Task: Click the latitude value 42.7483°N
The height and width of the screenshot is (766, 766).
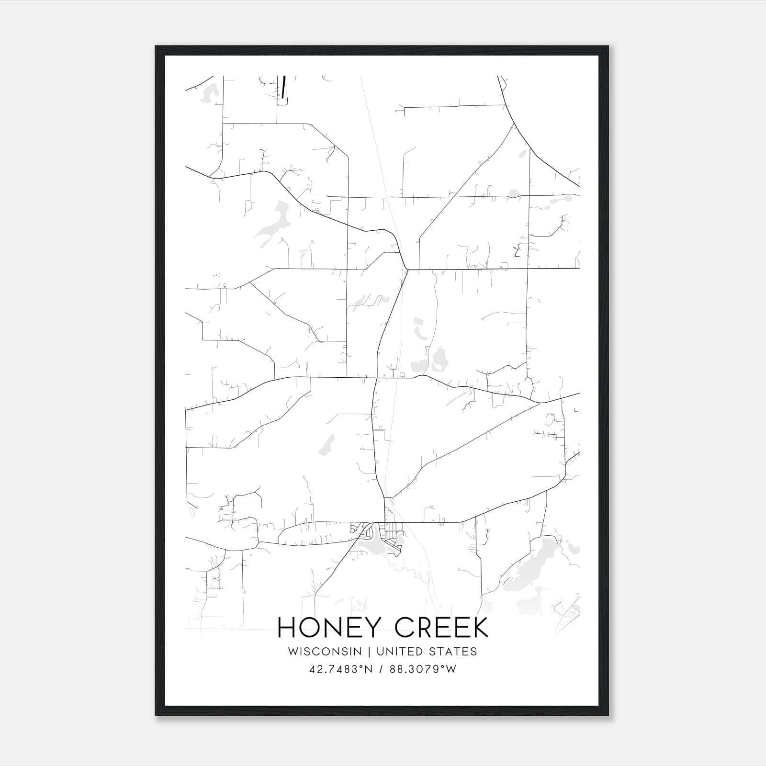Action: (341, 669)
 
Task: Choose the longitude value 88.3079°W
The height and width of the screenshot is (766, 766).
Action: (423, 669)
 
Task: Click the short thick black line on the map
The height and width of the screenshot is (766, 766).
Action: (284, 87)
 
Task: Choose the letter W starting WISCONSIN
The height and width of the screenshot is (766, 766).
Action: (293, 652)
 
